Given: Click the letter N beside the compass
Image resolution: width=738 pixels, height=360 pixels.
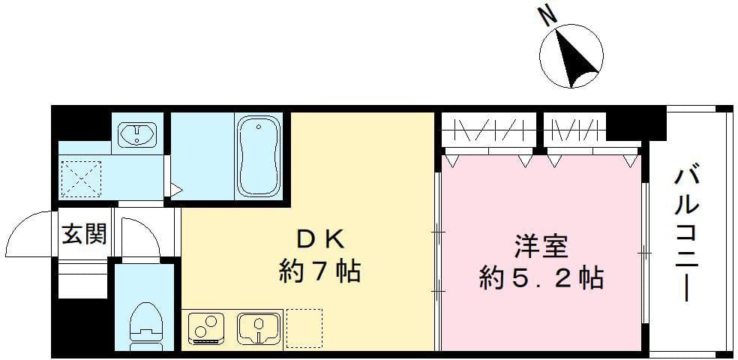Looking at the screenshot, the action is point(547,16).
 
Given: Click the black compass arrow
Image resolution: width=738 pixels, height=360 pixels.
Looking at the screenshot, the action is point(575,57).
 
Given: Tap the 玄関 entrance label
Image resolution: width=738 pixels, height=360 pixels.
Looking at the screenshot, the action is point(84,233).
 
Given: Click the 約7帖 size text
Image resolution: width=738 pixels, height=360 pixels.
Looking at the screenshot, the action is point(320,272).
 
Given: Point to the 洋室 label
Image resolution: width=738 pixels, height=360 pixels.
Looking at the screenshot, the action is point(541,247).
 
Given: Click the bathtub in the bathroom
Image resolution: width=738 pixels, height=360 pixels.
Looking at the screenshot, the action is point(259,156).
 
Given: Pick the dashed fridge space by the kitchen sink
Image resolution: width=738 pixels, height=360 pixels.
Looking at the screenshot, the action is point(304,328).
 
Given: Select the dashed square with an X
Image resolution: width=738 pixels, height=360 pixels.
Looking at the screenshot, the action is point(82,178).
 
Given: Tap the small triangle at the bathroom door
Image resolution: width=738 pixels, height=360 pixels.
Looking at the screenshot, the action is point(176,190).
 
